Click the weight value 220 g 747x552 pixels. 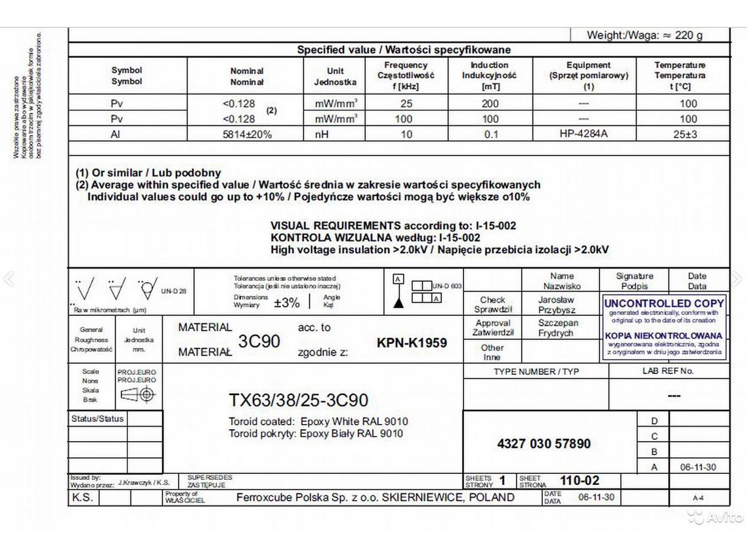click(689, 35)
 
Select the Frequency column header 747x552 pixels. click(406, 75)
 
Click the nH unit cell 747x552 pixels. click(335, 135)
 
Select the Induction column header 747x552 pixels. click(490, 75)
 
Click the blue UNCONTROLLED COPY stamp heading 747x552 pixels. click(664, 303)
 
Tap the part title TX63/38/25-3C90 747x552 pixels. click(298, 400)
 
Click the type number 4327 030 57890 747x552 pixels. click(544, 444)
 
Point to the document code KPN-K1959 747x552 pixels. click(412, 343)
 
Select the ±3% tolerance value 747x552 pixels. click(286, 303)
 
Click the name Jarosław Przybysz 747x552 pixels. click(557, 305)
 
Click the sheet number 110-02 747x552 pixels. click(579, 480)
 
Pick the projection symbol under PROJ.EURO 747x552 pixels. click(137, 395)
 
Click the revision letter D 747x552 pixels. click(653, 421)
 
